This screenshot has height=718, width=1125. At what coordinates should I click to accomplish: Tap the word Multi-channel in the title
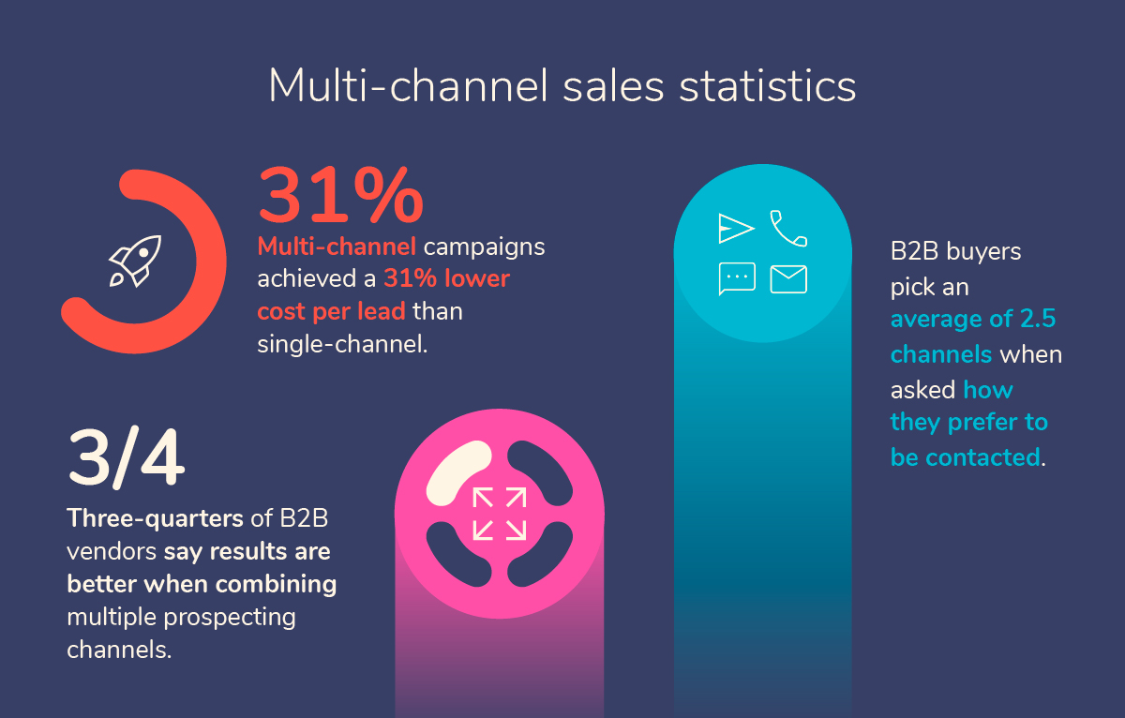coord(408,85)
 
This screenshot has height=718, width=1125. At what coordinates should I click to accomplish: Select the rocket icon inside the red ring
coord(134,261)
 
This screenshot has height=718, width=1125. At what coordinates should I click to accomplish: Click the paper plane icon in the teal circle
coord(736,228)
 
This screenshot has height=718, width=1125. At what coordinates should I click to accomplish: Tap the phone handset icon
coord(787,228)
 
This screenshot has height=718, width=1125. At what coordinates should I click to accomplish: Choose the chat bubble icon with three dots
coord(737,278)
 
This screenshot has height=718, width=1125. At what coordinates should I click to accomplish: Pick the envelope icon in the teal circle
coord(788,279)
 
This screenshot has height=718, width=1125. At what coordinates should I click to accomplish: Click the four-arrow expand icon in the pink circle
coord(500,513)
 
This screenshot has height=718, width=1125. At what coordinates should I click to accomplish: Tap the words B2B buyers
coord(955,253)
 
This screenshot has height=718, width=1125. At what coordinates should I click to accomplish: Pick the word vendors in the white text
coord(112,552)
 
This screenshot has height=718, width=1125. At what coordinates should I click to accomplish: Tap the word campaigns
coord(484,247)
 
